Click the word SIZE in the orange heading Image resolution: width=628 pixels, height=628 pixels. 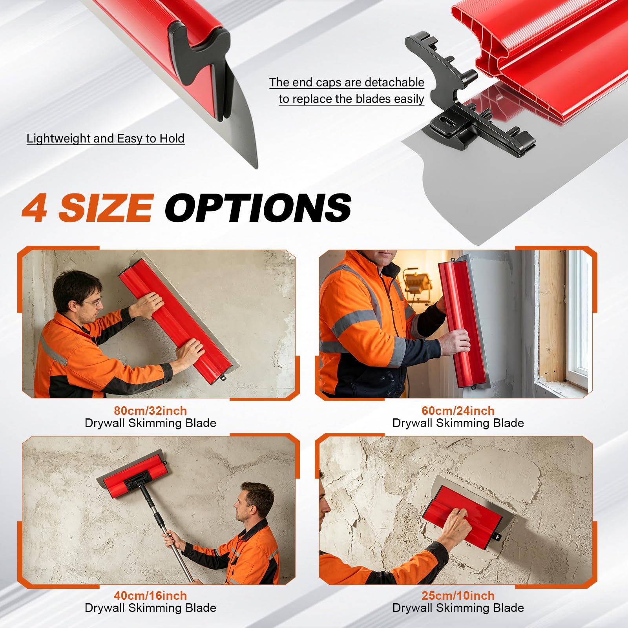105,208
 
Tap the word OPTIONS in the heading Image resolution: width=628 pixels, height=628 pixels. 258,208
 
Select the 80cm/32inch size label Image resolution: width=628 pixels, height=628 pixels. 150,411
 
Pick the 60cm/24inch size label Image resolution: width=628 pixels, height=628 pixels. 458,411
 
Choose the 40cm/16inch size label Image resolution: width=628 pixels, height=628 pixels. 150,595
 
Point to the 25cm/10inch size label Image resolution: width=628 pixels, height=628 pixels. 458,595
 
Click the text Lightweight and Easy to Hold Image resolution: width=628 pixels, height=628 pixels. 106,139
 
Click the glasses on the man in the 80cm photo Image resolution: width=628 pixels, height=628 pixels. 93,303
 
